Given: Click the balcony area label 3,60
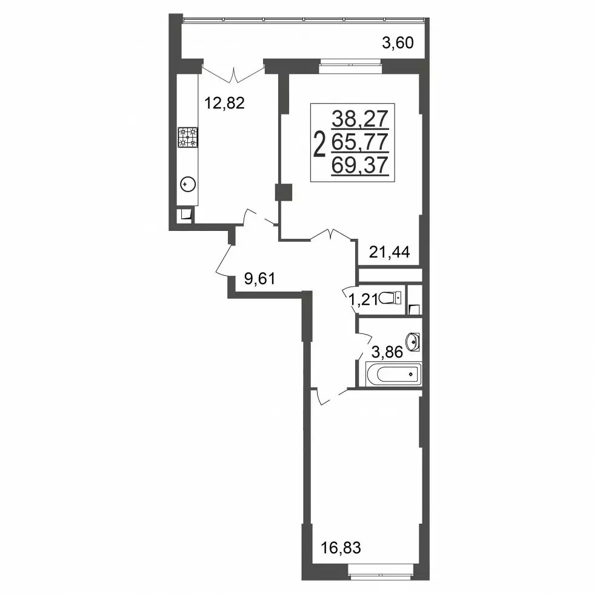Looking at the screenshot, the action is pyautogui.click(x=398, y=43).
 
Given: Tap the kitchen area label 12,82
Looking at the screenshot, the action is pyautogui.click(x=224, y=102).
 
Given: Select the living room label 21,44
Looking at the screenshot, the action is pyautogui.click(x=389, y=252).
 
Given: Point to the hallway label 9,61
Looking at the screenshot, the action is pyautogui.click(x=259, y=279).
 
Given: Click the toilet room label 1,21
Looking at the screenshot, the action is pyautogui.click(x=363, y=300).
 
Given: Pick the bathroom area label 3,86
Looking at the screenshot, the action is pyautogui.click(x=387, y=352).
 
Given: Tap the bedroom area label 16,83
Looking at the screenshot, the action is pyautogui.click(x=341, y=547).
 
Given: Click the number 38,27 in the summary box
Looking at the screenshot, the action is pyautogui.click(x=360, y=119).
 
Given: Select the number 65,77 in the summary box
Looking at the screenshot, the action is pyautogui.click(x=360, y=142).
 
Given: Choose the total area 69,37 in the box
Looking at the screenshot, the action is pyautogui.click(x=360, y=165).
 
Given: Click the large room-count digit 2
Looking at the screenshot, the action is pyautogui.click(x=321, y=144).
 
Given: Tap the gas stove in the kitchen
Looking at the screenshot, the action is pyautogui.click(x=188, y=137).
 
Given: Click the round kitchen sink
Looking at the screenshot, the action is pyautogui.click(x=189, y=185).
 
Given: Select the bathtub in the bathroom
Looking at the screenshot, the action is pyautogui.click(x=393, y=375).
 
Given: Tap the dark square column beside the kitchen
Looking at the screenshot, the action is pyautogui.click(x=284, y=192).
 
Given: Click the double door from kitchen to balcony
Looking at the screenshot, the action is pyautogui.click(x=233, y=74).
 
